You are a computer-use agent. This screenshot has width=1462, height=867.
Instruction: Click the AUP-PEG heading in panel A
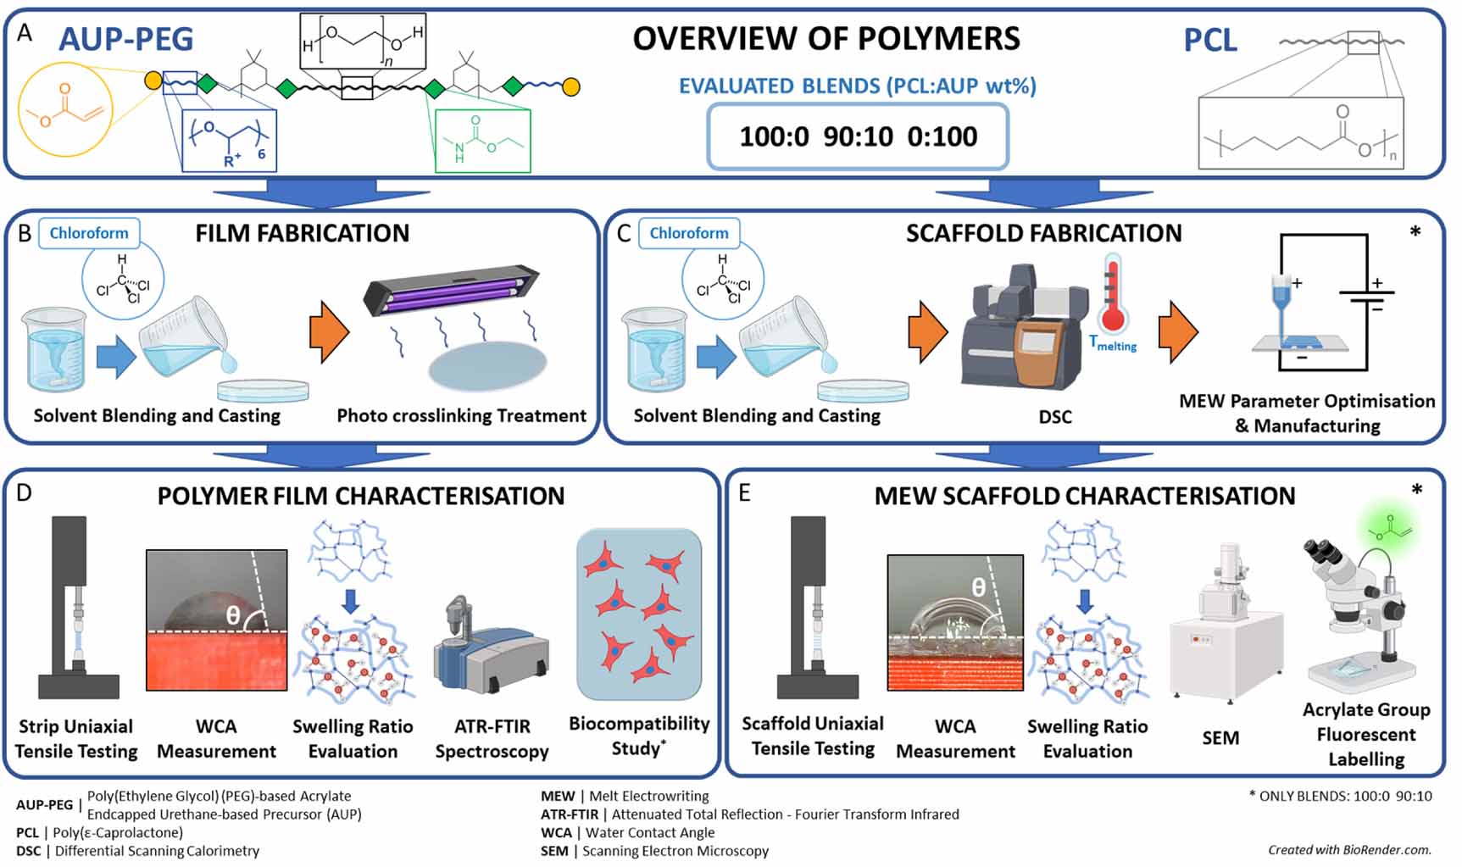[125, 39]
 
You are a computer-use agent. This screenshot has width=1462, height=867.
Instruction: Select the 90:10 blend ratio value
[858, 136]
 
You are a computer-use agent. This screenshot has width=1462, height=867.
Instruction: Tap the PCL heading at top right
[1209, 41]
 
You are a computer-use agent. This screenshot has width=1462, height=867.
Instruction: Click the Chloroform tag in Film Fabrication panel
[89, 233]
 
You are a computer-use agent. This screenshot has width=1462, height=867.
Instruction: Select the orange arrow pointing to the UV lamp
[329, 332]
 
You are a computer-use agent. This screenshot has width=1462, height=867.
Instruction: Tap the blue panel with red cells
[639, 614]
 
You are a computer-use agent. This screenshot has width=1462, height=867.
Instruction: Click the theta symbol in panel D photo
[233, 616]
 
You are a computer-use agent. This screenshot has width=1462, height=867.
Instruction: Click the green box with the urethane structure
[482, 141]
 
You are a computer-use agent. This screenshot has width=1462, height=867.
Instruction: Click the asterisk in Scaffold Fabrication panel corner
[1415, 232]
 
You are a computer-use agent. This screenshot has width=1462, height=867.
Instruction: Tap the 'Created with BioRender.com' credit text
[1349, 849]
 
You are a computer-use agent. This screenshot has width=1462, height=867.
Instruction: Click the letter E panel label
[744, 493]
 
